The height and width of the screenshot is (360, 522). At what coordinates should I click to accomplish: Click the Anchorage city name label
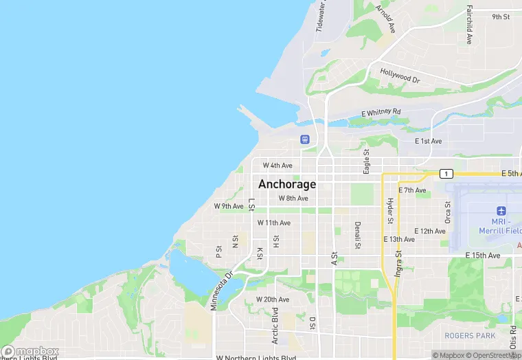coord(287,184)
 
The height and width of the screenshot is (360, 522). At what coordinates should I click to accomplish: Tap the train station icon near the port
coord(305,139)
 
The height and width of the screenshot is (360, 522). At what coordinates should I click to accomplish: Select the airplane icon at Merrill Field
coord(501,210)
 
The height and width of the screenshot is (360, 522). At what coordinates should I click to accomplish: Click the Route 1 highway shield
coord(447,174)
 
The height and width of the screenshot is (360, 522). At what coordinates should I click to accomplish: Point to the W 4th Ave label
coord(277,166)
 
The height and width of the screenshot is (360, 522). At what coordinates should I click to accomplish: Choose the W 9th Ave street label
coord(229,206)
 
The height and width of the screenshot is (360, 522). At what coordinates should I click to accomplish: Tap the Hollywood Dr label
coord(400,76)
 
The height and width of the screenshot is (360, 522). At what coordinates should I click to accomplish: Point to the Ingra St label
coord(398,262)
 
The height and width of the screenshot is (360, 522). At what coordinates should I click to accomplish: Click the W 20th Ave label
coord(273,300)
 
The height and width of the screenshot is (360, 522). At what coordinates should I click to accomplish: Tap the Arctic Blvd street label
coord(275,330)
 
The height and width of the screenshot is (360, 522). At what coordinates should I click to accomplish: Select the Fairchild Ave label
coord(469,25)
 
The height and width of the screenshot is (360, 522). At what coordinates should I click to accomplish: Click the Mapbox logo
coord(30,351)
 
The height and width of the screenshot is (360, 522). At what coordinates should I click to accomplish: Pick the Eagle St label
coord(367,161)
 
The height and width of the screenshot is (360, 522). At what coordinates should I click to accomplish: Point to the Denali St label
coord(358,235)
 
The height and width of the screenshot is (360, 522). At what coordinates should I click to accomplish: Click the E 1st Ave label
coord(429,141)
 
